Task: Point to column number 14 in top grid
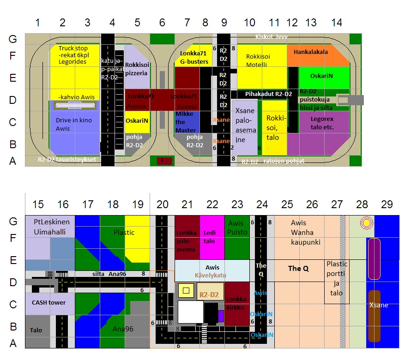pyautogui.click(x=337, y=22)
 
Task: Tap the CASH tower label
pyautogui.click(x=48, y=303)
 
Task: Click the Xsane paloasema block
pyautogui.click(x=245, y=125)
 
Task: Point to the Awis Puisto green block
pyautogui.click(x=237, y=235)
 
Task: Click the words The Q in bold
pyautogui.click(x=298, y=268)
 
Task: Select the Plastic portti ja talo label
pyautogui.click(x=337, y=278)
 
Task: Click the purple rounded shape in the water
pyautogui.click(x=374, y=258)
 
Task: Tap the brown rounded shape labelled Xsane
pyautogui.click(x=374, y=316)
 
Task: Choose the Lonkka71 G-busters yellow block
pyautogui.click(x=193, y=58)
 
